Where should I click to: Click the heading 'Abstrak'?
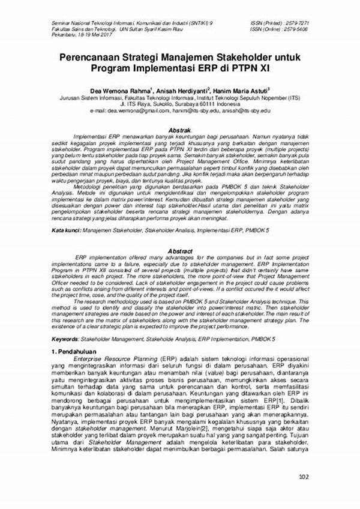pyautogui.click(x=179, y=130)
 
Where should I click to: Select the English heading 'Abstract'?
pyautogui.click(x=180, y=251)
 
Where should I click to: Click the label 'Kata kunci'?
pyautogui.click(x=65, y=230)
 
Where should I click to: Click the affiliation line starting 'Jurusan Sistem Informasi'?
pyautogui.click(x=179, y=96)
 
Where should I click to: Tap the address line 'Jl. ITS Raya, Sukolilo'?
pyautogui.click(x=179, y=103)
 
